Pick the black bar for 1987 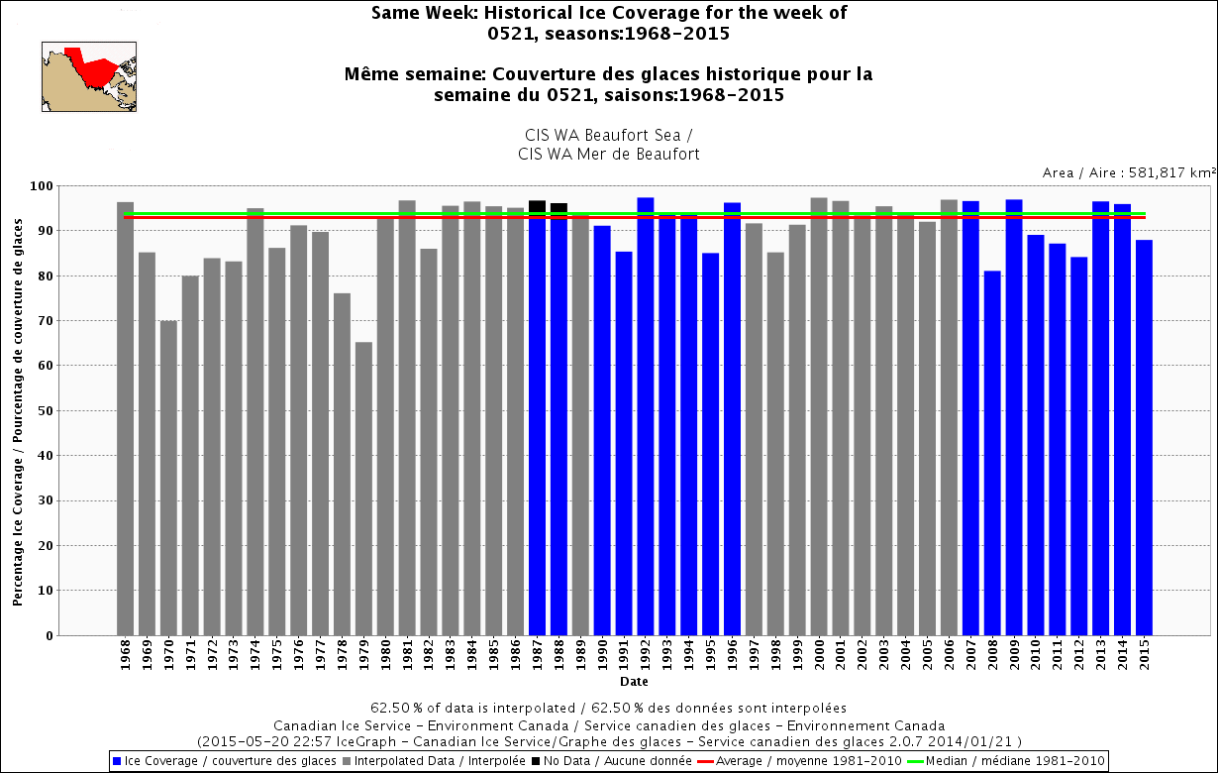click(x=537, y=417)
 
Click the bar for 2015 click(x=1144, y=437)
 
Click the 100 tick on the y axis click(x=43, y=185)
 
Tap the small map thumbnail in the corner click(x=88, y=76)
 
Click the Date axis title click(x=634, y=682)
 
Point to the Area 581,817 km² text click(x=1129, y=172)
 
